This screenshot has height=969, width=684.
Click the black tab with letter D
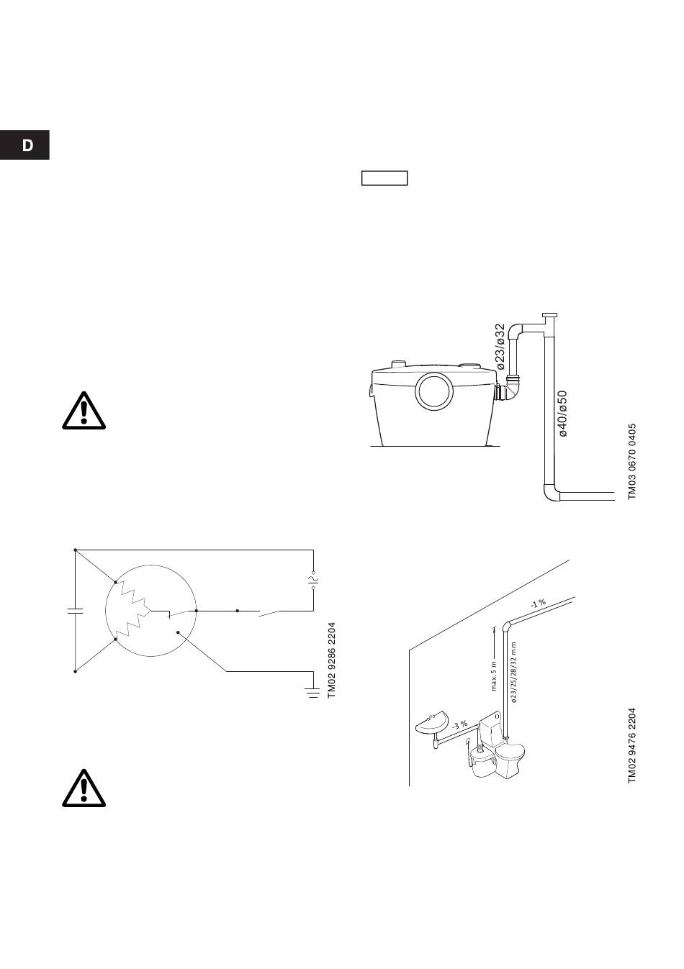[x=25, y=145]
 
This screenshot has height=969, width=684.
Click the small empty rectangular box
[x=384, y=178]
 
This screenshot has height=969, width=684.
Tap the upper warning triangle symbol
[x=84, y=411]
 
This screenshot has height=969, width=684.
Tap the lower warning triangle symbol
[x=84, y=789]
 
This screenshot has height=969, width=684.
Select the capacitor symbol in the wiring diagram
[x=75, y=611]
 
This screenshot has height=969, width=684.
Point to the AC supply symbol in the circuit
[x=313, y=579]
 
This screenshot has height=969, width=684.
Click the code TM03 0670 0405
[x=632, y=461]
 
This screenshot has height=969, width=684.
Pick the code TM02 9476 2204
[x=632, y=745]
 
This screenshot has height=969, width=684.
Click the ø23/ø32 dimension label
[x=500, y=347]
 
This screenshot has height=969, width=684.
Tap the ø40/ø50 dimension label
[x=564, y=414]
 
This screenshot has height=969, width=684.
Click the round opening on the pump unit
[x=435, y=393]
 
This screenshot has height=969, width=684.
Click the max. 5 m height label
[x=495, y=675]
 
